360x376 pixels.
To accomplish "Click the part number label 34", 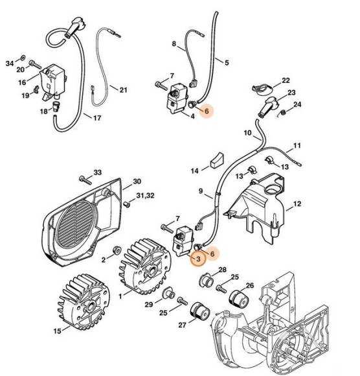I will [9, 63].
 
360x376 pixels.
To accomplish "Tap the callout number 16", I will [21, 82].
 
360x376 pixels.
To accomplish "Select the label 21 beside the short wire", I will [123, 89].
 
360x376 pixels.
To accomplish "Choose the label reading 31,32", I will [145, 196].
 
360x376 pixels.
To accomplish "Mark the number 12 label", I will [297, 204].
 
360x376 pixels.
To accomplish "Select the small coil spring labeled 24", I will [282, 115].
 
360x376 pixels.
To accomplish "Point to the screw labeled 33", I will [84, 178].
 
